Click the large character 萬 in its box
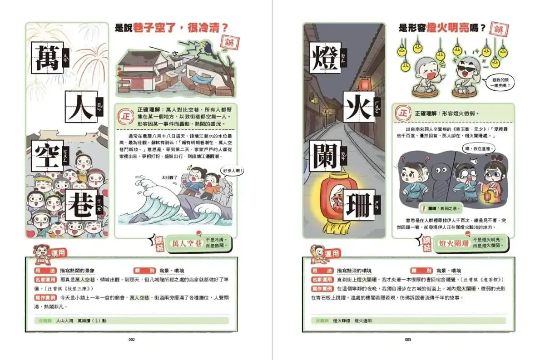(x=47, y=57)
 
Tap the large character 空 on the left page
(x=47, y=155)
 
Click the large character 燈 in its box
(x=325, y=57)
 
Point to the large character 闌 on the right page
(x=325, y=155)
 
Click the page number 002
(x=131, y=339)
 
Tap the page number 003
(x=408, y=339)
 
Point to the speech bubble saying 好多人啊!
(x=233, y=171)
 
